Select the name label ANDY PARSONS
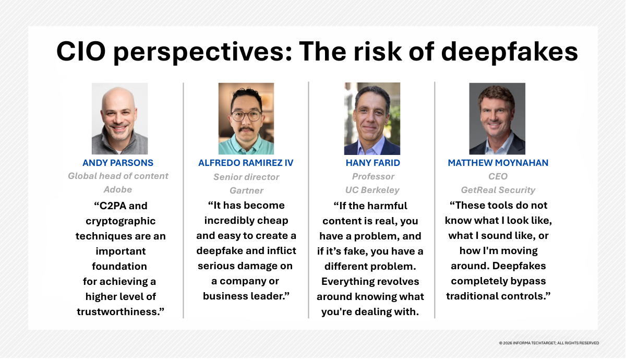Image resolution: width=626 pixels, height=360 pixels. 118,163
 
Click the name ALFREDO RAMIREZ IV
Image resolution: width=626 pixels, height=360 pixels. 246,163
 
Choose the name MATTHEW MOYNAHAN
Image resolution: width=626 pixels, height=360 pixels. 498,163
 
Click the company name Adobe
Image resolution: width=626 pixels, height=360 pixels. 118,189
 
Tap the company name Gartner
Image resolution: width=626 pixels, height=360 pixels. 246,190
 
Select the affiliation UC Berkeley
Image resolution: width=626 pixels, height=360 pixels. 372,190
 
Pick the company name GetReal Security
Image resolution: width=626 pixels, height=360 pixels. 498,190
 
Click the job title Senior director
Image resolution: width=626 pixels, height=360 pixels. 246,177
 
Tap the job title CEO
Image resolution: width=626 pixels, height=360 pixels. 498,176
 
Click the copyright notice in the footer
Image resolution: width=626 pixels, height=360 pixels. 549,343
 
